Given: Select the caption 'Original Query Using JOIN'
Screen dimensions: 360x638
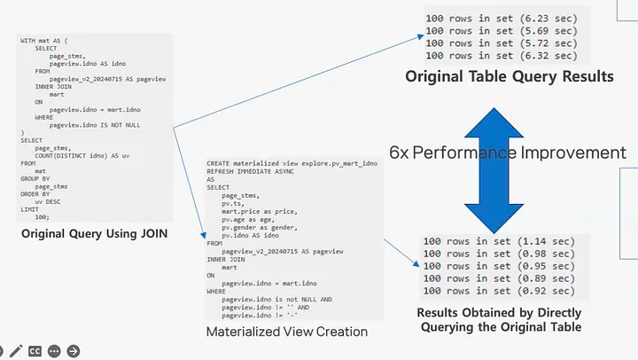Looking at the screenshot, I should (96, 234).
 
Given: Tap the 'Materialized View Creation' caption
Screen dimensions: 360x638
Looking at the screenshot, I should (287, 333).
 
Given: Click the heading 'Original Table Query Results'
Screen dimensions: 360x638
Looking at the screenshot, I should (510, 77).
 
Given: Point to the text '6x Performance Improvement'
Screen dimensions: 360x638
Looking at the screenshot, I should (508, 153).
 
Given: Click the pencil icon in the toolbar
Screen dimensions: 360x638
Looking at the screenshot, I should (16, 350).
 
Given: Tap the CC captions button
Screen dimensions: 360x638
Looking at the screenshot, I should (35, 350).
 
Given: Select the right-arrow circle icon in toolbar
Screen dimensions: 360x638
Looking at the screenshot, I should (74, 350).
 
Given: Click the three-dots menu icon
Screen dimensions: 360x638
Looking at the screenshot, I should (55, 350).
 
